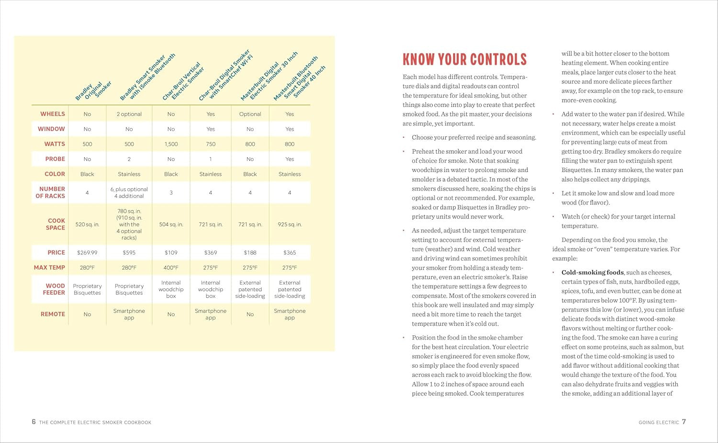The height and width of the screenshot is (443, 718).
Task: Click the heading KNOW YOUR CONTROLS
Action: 464,59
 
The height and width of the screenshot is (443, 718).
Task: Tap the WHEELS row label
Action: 53,114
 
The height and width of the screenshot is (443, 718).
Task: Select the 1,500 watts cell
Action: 171,144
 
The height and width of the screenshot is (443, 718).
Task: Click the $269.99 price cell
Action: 87,252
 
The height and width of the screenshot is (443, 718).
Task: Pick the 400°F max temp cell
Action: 171,268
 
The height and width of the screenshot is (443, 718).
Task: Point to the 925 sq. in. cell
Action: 290,224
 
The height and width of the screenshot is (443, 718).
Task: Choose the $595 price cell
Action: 129,252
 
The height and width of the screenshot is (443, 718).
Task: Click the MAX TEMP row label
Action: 49,267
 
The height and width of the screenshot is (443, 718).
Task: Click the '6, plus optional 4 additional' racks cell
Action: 129,193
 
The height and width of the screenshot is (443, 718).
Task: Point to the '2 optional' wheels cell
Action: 129,114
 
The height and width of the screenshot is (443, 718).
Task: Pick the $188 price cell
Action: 250,252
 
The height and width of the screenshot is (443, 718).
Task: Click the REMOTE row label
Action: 53,314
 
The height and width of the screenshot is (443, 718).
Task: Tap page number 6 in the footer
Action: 34,422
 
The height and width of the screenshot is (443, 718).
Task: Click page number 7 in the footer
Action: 684,422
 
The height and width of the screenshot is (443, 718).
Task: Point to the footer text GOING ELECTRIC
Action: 659,422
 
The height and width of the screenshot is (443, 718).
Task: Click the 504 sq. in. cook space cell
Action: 171,224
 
